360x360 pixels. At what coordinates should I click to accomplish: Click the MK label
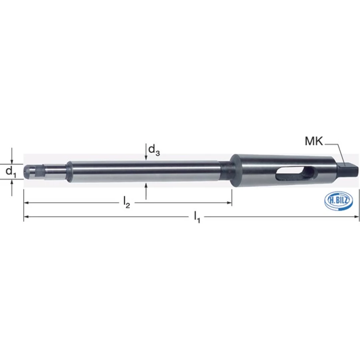(x=314, y=141)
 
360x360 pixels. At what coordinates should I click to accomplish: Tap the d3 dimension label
(x=154, y=150)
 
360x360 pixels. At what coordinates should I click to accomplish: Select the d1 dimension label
(x=11, y=172)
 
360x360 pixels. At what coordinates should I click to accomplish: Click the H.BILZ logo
(x=339, y=201)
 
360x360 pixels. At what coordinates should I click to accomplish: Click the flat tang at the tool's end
(x=348, y=169)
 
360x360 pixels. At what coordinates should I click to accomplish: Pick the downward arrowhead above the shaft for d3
(x=146, y=157)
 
